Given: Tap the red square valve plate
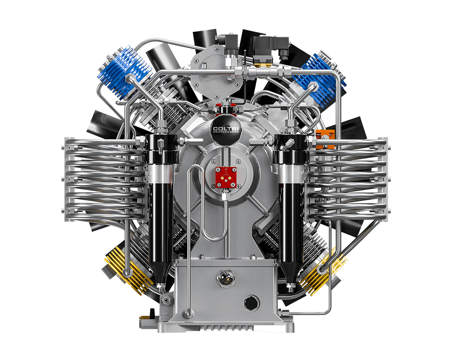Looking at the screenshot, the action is click(226, 177).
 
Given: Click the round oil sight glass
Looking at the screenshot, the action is click(226, 278).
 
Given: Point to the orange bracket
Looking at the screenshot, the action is click(325, 139).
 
